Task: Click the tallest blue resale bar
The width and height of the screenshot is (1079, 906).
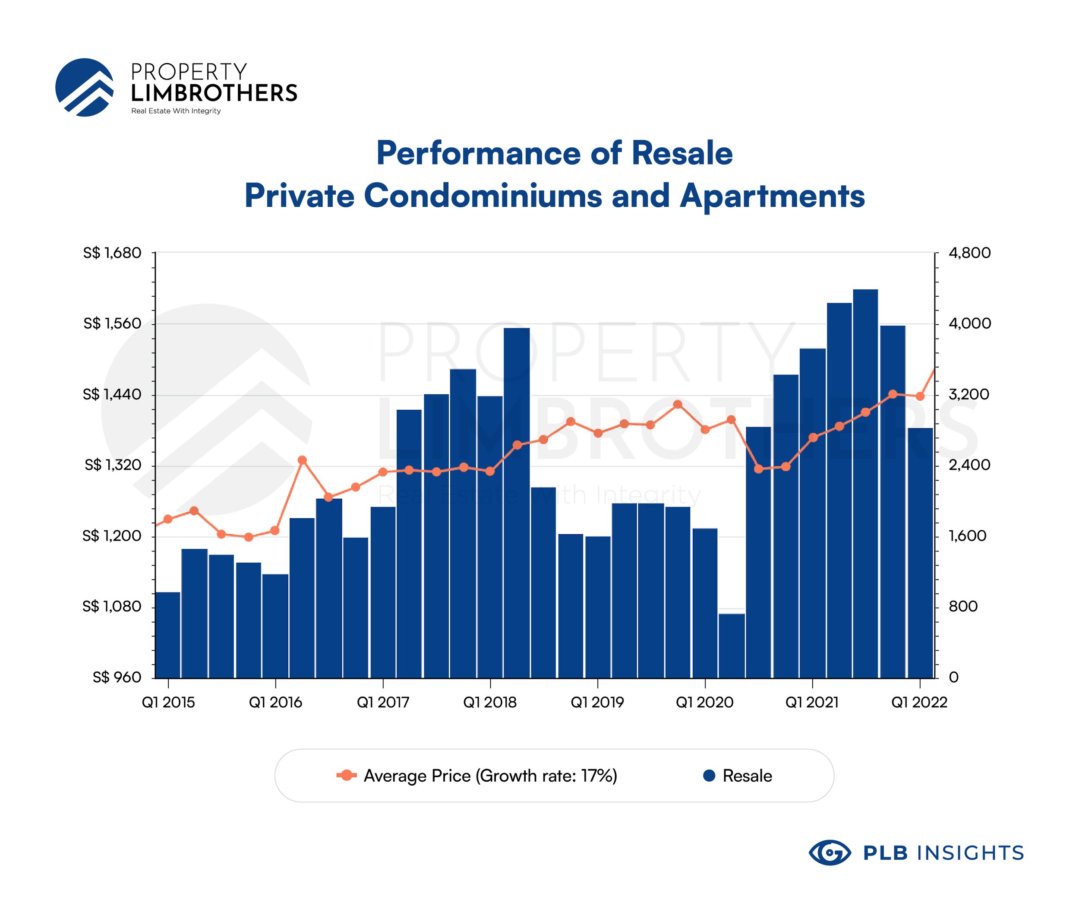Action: point(865,483)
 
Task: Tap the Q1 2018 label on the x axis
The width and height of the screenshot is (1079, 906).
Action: point(490,702)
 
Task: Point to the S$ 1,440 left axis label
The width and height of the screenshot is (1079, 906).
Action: point(112,394)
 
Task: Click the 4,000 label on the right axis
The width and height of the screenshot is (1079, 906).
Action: point(969,323)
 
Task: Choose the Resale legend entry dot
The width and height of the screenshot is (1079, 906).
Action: point(709,776)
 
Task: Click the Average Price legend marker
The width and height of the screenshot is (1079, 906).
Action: point(347,776)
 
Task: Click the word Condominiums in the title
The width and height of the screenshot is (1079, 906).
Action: point(483,196)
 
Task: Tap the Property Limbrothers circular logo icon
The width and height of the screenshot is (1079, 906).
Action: point(84,87)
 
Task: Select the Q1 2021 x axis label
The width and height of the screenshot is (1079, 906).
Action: point(812,702)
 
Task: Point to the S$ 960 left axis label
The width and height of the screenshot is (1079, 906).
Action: point(117,677)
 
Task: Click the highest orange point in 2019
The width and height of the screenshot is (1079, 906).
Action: point(678,404)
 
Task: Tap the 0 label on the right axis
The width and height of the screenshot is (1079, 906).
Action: point(954,677)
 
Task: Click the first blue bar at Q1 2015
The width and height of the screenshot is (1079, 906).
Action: point(168,635)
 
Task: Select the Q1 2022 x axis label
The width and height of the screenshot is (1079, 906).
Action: point(919,702)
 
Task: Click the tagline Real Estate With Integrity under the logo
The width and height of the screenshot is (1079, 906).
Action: point(176,111)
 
